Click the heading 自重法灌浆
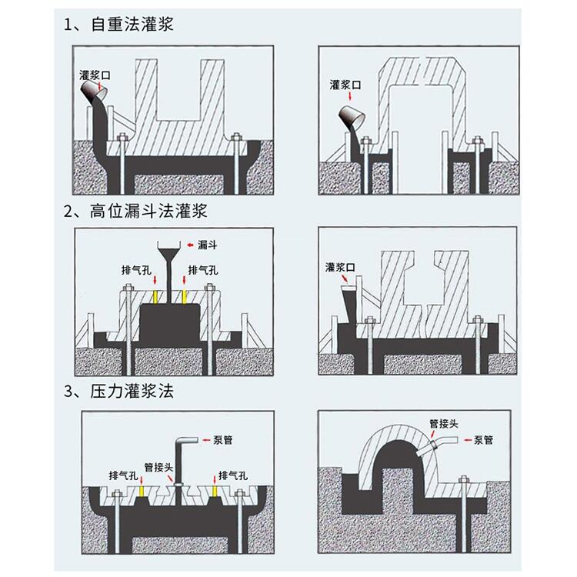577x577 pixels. (x=132, y=25)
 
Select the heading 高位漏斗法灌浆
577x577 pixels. (x=148, y=212)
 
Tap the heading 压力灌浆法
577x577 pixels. (x=132, y=391)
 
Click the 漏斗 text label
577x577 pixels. (x=207, y=245)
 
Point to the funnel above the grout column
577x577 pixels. (x=169, y=249)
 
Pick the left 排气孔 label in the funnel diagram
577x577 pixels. (x=136, y=271)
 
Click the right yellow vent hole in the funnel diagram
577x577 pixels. (x=184, y=297)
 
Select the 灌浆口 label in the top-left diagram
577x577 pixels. (x=95, y=75)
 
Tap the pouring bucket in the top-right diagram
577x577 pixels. (x=352, y=116)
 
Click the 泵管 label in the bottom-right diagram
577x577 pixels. (x=484, y=440)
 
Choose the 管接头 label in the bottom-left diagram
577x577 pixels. (x=158, y=467)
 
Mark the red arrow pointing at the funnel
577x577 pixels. (x=190, y=245)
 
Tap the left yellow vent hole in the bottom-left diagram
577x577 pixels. (x=142, y=491)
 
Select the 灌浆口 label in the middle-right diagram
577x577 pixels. (x=340, y=267)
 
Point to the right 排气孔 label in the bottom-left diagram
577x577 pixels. (x=233, y=475)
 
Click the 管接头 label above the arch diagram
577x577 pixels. (x=444, y=424)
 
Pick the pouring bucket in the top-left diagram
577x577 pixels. (x=94, y=91)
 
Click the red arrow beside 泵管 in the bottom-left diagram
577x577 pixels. (x=206, y=440)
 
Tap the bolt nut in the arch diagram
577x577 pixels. (x=463, y=479)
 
